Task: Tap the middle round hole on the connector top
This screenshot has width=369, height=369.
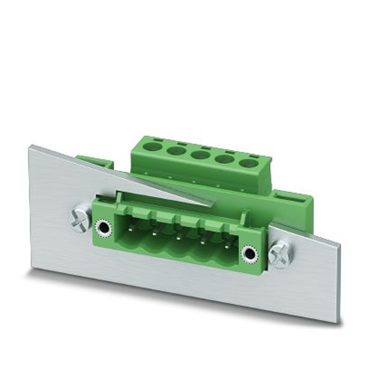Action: pyautogui.click(x=200, y=155)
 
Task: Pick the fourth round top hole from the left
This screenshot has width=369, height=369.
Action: pyautogui.click(x=224, y=159)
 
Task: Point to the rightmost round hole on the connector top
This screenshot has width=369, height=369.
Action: pyautogui.click(x=248, y=163)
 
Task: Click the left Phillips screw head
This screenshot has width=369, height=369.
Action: pyautogui.click(x=79, y=220)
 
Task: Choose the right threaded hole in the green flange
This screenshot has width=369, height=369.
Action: pyautogui.click(x=249, y=254)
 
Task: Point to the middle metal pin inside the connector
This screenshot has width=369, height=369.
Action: pyautogui.click(x=179, y=238)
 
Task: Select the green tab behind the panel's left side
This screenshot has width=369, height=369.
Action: pyautogui.click(x=94, y=162)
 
